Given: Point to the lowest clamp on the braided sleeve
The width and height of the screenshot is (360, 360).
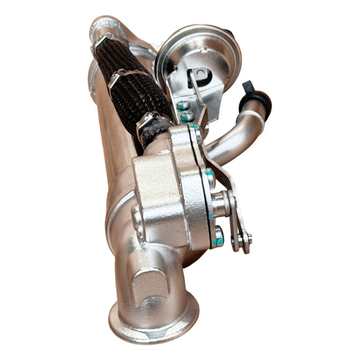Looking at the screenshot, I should (x=149, y=120).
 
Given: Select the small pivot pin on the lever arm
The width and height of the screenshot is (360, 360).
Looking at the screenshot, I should (x=243, y=238).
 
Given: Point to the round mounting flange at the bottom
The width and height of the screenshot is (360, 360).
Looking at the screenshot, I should (x=153, y=316).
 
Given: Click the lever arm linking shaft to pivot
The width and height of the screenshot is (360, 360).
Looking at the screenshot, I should (x=235, y=216).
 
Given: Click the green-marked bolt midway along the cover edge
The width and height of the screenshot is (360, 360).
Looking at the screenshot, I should (x=210, y=177).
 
